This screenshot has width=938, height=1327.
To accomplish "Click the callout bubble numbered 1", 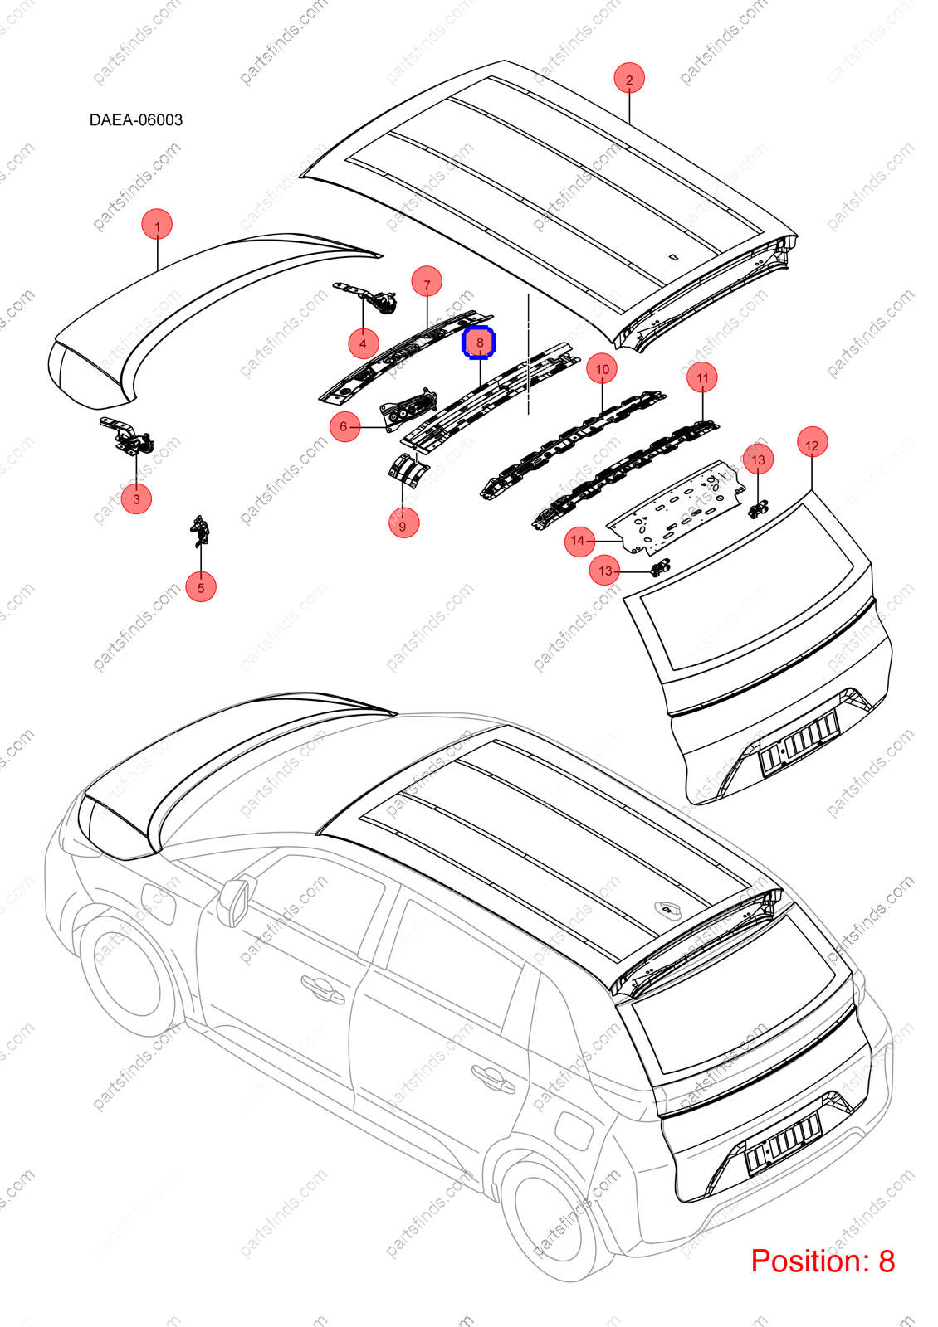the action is (x=157, y=225).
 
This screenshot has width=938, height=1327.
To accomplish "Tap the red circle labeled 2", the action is (x=629, y=79).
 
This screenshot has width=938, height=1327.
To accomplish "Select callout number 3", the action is (x=136, y=498).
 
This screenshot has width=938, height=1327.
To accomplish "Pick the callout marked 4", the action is (x=363, y=343).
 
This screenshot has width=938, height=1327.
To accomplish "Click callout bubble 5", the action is (x=201, y=587).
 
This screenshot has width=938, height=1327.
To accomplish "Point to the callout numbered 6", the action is (x=345, y=426).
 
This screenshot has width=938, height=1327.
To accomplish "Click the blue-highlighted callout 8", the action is (x=479, y=343).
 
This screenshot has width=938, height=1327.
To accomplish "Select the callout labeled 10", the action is (x=602, y=369).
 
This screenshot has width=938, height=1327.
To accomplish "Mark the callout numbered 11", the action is (x=702, y=377).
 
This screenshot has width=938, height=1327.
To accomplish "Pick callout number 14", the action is (x=579, y=541).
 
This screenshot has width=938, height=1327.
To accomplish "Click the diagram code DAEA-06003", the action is (x=136, y=120).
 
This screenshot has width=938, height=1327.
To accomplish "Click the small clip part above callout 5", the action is (x=200, y=531).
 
